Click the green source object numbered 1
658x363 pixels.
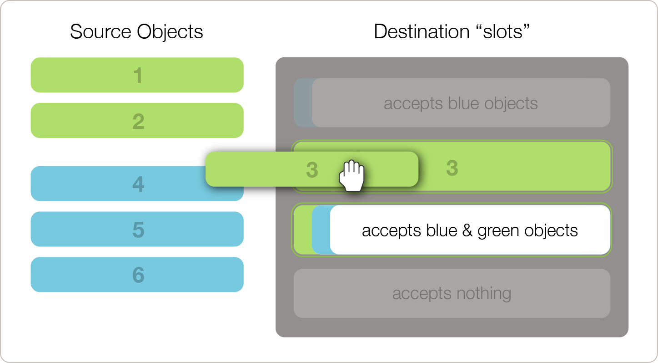137,75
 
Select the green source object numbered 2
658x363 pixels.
137,121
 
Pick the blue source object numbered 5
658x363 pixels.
137,229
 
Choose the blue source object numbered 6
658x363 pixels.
137,275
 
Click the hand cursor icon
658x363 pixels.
352,175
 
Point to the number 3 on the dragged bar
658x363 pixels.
311,170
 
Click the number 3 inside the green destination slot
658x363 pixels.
452,168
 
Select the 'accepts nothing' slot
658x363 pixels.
452,293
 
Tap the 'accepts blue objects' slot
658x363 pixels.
461,103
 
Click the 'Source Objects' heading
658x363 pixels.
136,32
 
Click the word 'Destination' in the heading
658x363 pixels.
422,32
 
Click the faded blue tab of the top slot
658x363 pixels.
302,103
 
